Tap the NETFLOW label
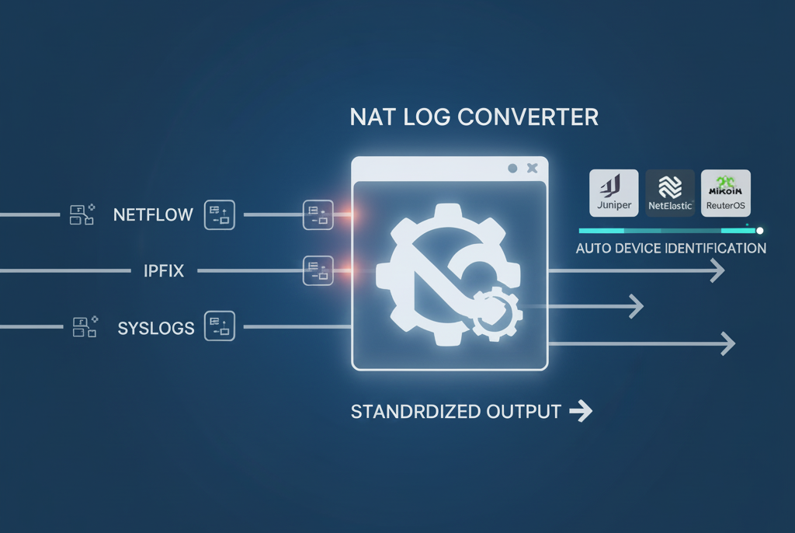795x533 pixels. pyautogui.click(x=153, y=214)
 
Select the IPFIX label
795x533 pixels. pyautogui.click(x=163, y=271)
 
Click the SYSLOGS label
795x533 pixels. pyautogui.click(x=156, y=327)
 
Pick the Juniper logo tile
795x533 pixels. pyautogui.click(x=614, y=193)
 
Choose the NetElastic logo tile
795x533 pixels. pyautogui.click(x=670, y=193)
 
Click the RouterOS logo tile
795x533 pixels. pyautogui.click(x=725, y=193)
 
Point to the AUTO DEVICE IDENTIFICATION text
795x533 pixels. pyautogui.click(x=671, y=249)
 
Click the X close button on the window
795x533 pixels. pyautogui.click(x=532, y=168)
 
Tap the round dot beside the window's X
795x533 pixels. pyautogui.click(x=512, y=168)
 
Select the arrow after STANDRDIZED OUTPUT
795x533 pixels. pyautogui.click(x=581, y=412)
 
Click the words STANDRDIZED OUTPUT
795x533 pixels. pyautogui.click(x=456, y=412)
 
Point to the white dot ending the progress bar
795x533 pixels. pyautogui.click(x=760, y=230)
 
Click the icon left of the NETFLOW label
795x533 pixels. pyautogui.click(x=82, y=214)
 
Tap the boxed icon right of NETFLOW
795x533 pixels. pyautogui.click(x=220, y=214)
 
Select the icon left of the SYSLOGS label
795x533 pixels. pyautogui.click(x=83, y=326)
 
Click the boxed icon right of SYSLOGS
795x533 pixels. pyautogui.click(x=219, y=326)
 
